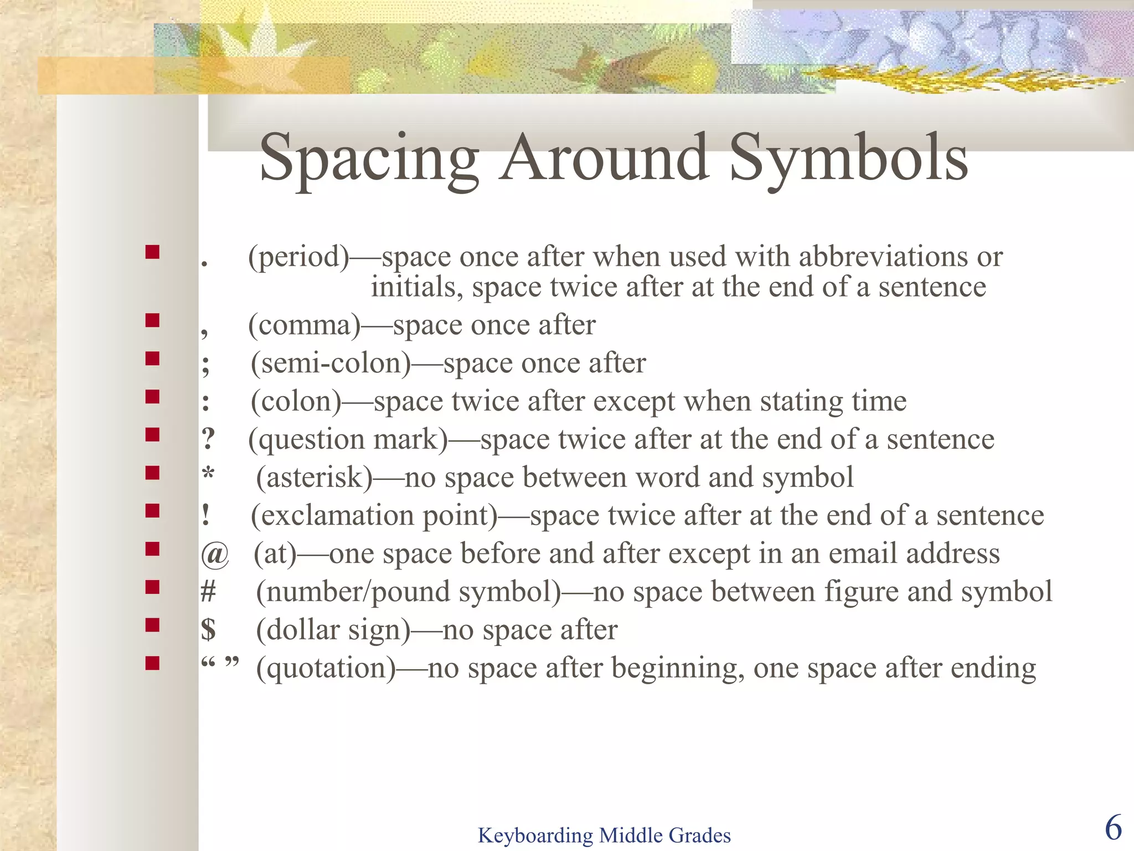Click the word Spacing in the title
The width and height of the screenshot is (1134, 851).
[369, 159]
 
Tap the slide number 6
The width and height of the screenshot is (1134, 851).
[1113, 828]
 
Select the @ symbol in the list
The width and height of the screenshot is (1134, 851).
[215, 554]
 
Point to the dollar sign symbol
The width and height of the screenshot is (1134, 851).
[208, 629]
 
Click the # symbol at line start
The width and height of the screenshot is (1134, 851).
[208, 592]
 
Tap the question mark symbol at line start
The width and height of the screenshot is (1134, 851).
[208, 439]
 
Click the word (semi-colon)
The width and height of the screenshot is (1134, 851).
[331, 364]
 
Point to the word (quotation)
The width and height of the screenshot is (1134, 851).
[326, 668]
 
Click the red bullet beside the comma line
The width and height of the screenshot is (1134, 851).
[152, 320]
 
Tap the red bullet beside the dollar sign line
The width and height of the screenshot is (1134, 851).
[152, 625]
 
